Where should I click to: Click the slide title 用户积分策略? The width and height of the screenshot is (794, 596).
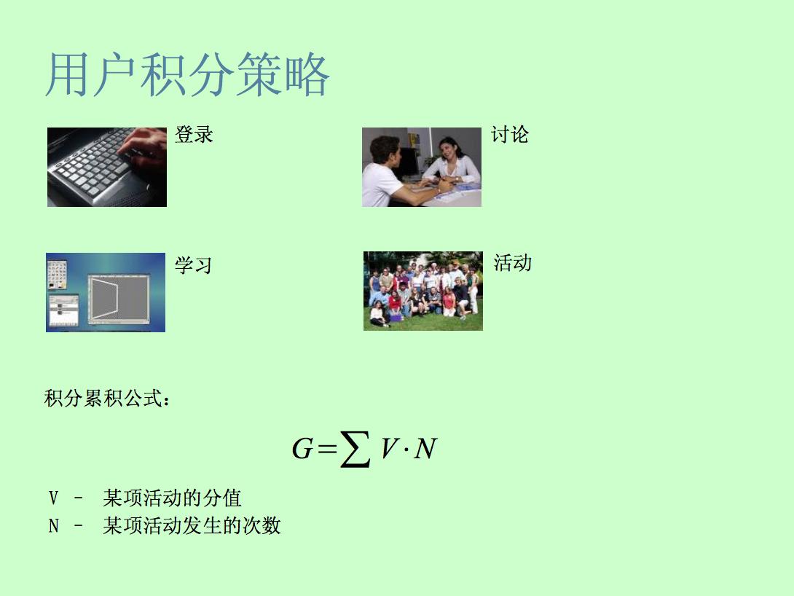pyautogui.click(x=188, y=75)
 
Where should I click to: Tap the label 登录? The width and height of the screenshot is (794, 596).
pyautogui.click(x=194, y=135)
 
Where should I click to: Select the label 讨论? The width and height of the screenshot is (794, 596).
pyautogui.click(x=510, y=135)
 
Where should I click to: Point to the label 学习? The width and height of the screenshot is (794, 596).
pyautogui.click(x=193, y=265)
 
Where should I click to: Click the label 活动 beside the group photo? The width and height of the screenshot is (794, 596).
pyautogui.click(x=512, y=263)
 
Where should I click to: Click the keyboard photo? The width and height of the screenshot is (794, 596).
pyautogui.click(x=107, y=167)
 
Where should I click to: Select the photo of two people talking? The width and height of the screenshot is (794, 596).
pyautogui.click(x=422, y=167)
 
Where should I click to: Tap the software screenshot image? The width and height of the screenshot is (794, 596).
pyautogui.click(x=106, y=292)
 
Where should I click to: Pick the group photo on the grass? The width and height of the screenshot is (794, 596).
pyautogui.click(x=423, y=291)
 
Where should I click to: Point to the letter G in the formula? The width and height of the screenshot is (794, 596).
pyautogui.click(x=302, y=449)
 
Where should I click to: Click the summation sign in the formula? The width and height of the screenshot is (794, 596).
pyautogui.click(x=355, y=449)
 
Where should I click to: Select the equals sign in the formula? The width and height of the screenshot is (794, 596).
pyautogui.click(x=327, y=448)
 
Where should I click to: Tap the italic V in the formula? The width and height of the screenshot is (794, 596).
pyautogui.click(x=389, y=448)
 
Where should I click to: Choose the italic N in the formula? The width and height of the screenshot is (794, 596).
pyautogui.click(x=425, y=449)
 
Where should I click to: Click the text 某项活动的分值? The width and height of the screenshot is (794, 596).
pyautogui.click(x=172, y=498)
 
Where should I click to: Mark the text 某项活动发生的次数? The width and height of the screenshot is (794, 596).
pyautogui.click(x=192, y=525)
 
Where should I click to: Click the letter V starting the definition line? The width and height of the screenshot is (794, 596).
pyautogui.click(x=53, y=498)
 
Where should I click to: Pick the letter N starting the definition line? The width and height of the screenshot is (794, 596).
pyautogui.click(x=53, y=526)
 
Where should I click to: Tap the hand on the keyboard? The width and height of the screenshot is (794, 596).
pyautogui.click(x=144, y=147)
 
